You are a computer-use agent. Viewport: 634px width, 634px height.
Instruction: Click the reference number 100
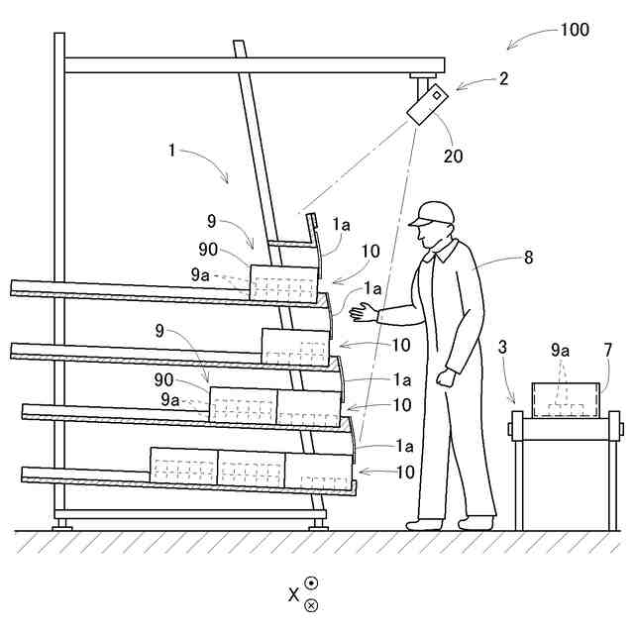[x=575, y=30]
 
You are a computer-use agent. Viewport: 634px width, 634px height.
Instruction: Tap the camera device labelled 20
[x=426, y=105]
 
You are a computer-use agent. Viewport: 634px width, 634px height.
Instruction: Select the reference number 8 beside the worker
[x=528, y=258]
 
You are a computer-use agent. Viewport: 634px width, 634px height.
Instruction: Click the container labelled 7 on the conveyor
[x=567, y=400]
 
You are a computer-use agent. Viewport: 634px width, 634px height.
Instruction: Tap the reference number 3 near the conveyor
[x=503, y=348]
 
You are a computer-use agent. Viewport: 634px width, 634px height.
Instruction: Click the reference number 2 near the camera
[x=504, y=79]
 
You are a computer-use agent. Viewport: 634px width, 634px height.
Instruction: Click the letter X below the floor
[x=293, y=594]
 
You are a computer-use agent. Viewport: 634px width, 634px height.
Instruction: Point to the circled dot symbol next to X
[x=311, y=584]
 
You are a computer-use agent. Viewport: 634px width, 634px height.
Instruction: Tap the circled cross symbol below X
[x=311, y=604]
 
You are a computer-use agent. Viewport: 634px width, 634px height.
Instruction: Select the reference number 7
[x=608, y=349]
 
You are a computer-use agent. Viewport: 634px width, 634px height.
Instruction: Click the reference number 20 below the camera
[x=453, y=156]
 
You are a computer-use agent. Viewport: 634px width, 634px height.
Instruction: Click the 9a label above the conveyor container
[x=560, y=349]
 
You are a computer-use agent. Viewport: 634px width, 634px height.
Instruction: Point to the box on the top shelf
[x=284, y=281]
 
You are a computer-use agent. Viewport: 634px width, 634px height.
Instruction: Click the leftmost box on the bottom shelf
[x=183, y=466]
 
